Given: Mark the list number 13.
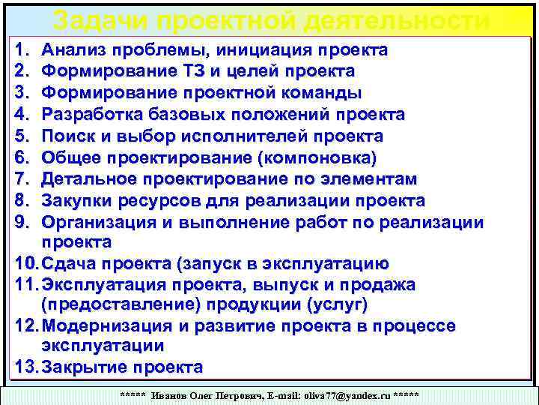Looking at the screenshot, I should point(25,367).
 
